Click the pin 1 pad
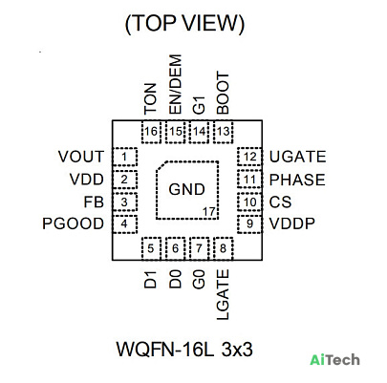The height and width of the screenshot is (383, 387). point(125,157)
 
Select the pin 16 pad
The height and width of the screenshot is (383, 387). point(151,132)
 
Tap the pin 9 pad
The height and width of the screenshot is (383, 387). point(249,223)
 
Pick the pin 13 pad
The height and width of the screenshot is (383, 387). point(224,132)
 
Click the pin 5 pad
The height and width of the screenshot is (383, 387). point(151,248)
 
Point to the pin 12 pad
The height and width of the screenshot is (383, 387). point(249,157)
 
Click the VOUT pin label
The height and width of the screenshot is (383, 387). point(81,157)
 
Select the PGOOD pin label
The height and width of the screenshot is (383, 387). point(73,223)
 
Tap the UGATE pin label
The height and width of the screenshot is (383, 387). point(297,157)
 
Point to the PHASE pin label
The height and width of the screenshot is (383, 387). point(297,180)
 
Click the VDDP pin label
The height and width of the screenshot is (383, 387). point(292,223)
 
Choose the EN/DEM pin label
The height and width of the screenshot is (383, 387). point(176,84)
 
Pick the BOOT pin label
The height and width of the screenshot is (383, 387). point(223,94)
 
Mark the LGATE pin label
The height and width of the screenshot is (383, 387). point(223,294)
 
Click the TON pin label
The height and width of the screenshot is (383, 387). point(151,98)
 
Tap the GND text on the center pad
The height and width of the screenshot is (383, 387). point(186,189)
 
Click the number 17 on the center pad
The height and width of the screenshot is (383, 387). point(209,211)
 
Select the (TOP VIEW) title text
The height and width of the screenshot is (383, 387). point(184,24)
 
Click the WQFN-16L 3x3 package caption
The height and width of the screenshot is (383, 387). point(184,349)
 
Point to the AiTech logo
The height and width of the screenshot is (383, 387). point(334,360)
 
